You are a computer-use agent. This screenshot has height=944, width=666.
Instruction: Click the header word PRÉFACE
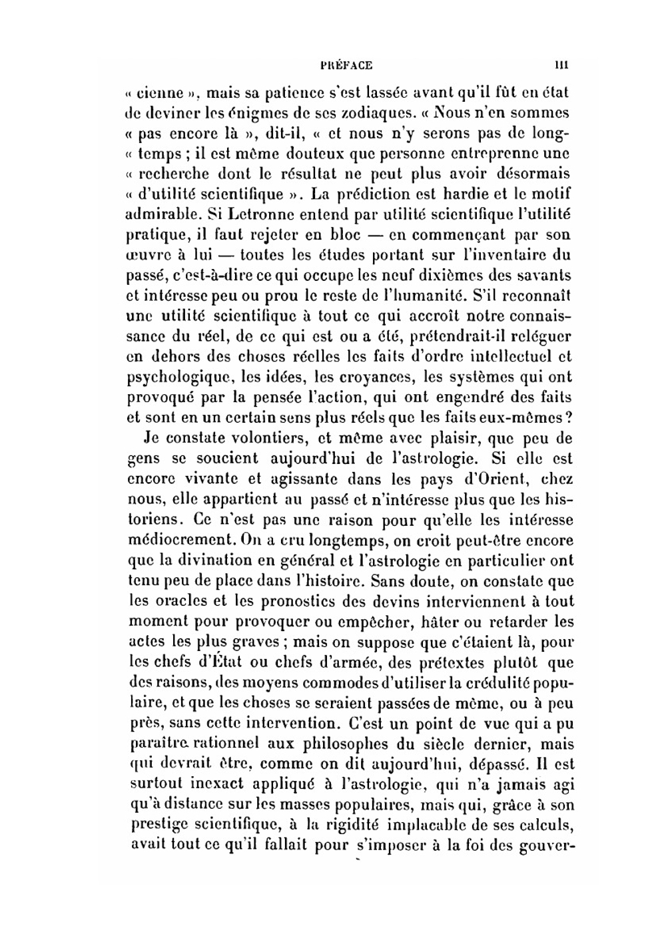[x=346, y=65]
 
